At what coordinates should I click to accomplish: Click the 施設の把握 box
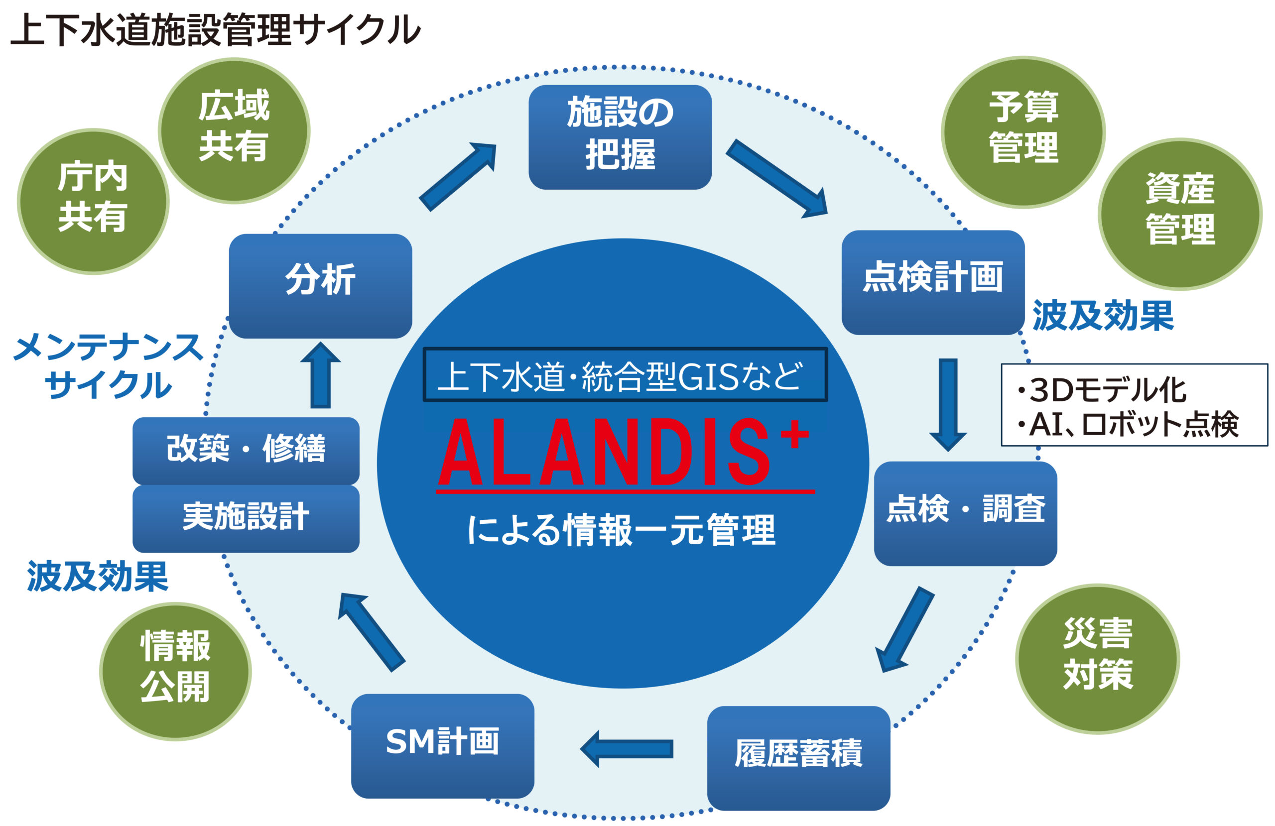point(620,136)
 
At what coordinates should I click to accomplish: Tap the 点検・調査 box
point(965,513)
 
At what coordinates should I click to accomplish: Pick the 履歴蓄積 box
point(798,757)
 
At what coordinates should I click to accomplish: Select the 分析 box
point(320,285)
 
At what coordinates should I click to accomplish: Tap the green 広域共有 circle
point(234,130)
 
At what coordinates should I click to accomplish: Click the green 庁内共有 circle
point(93,201)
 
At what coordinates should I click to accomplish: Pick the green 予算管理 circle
point(1023,131)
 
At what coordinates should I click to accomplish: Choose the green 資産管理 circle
point(1180,214)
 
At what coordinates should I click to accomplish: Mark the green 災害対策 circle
point(1098,658)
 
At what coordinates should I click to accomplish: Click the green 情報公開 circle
point(175,671)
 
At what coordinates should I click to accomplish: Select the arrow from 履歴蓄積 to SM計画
point(627,748)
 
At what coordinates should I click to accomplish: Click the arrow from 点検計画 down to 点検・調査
point(948,403)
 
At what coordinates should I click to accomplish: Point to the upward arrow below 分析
point(320,375)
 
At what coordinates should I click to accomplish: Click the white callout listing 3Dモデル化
point(1134,405)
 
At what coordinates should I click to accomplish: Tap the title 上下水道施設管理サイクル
point(214,29)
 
